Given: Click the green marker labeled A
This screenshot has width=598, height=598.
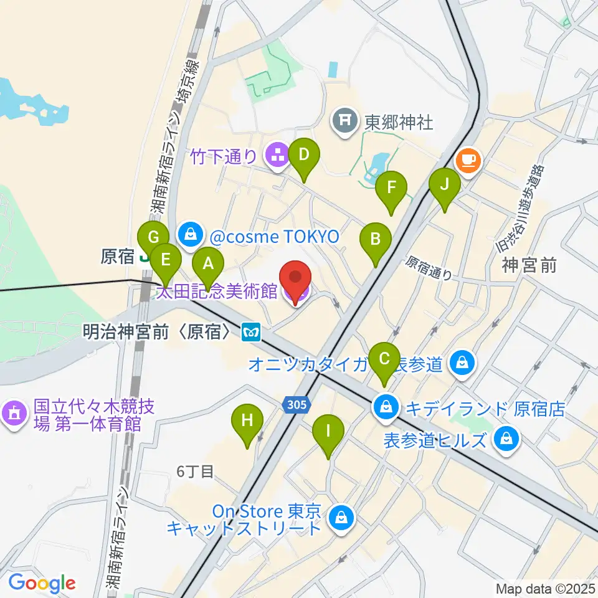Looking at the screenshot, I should click(208, 264).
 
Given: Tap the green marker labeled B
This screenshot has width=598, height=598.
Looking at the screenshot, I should click(376, 239).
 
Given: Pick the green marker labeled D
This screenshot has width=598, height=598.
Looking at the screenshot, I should click(304, 154).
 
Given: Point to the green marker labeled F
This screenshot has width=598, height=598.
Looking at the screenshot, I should click(391, 187).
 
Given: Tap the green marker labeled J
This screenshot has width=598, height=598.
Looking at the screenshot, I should click(445, 185).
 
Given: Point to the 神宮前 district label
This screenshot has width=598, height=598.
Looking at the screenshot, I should click(528, 266).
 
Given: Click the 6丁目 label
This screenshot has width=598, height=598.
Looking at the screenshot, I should click(195, 472).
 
